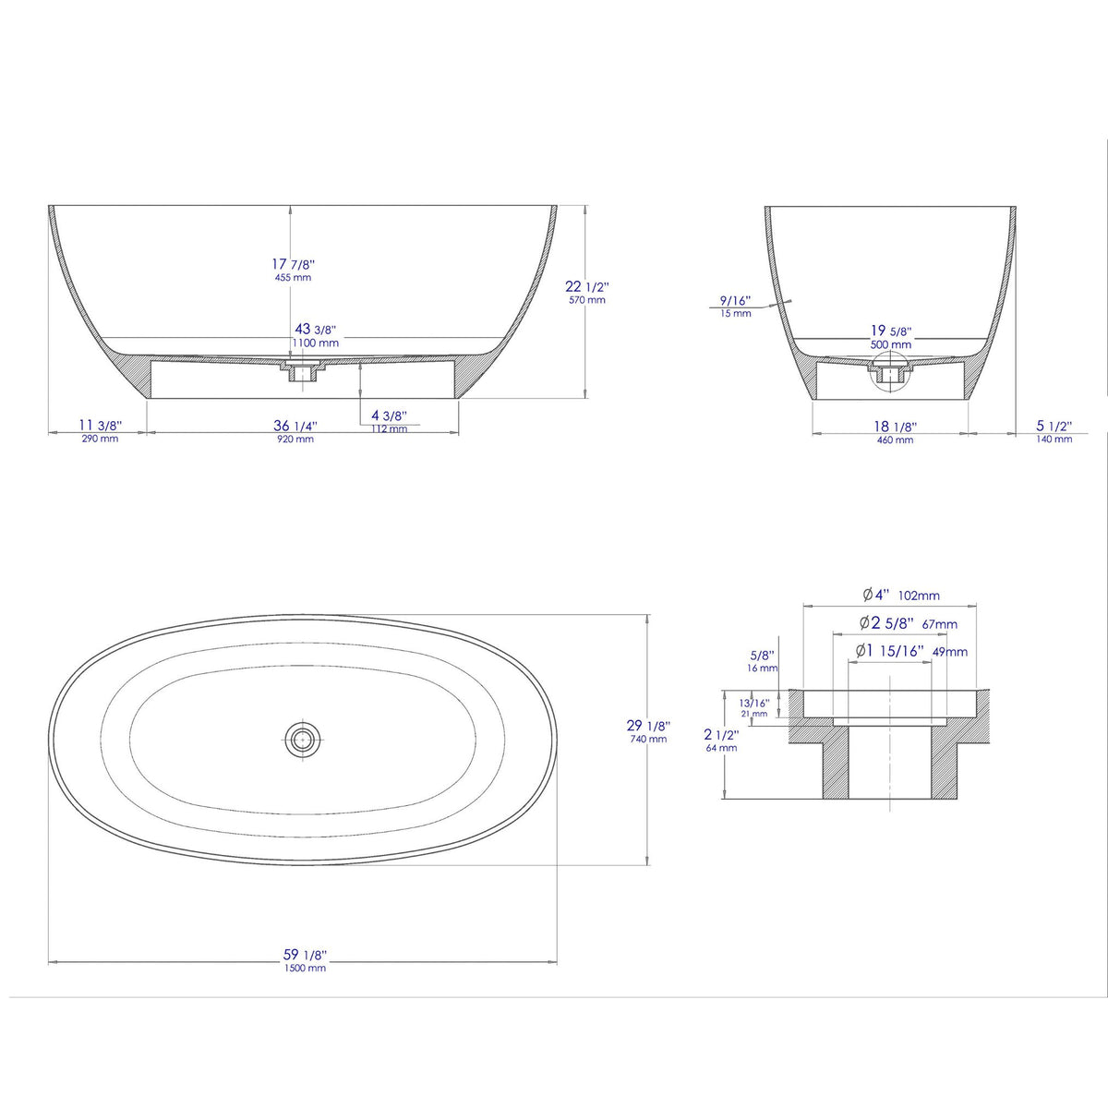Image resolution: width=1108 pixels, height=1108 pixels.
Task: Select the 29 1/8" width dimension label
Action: click(x=648, y=727)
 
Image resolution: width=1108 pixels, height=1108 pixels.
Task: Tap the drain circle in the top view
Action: click(x=302, y=738)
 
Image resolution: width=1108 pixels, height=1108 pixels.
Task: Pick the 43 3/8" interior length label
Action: click(x=314, y=330)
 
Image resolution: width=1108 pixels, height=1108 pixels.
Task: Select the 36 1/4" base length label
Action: click(x=295, y=427)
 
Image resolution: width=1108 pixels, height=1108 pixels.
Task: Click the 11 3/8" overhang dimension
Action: click(x=99, y=426)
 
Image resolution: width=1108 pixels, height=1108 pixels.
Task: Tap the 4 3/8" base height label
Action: click(x=389, y=416)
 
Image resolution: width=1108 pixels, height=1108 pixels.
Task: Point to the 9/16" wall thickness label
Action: click(x=736, y=301)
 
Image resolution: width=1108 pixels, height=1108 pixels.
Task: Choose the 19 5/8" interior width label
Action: click(x=888, y=331)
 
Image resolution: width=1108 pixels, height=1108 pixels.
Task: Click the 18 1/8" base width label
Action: click(x=894, y=427)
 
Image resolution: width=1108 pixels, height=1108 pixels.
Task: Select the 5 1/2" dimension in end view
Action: click(x=1054, y=427)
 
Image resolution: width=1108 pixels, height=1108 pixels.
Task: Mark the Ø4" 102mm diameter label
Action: click(x=900, y=595)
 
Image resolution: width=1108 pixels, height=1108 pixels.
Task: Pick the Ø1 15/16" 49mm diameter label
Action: click(x=910, y=651)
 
